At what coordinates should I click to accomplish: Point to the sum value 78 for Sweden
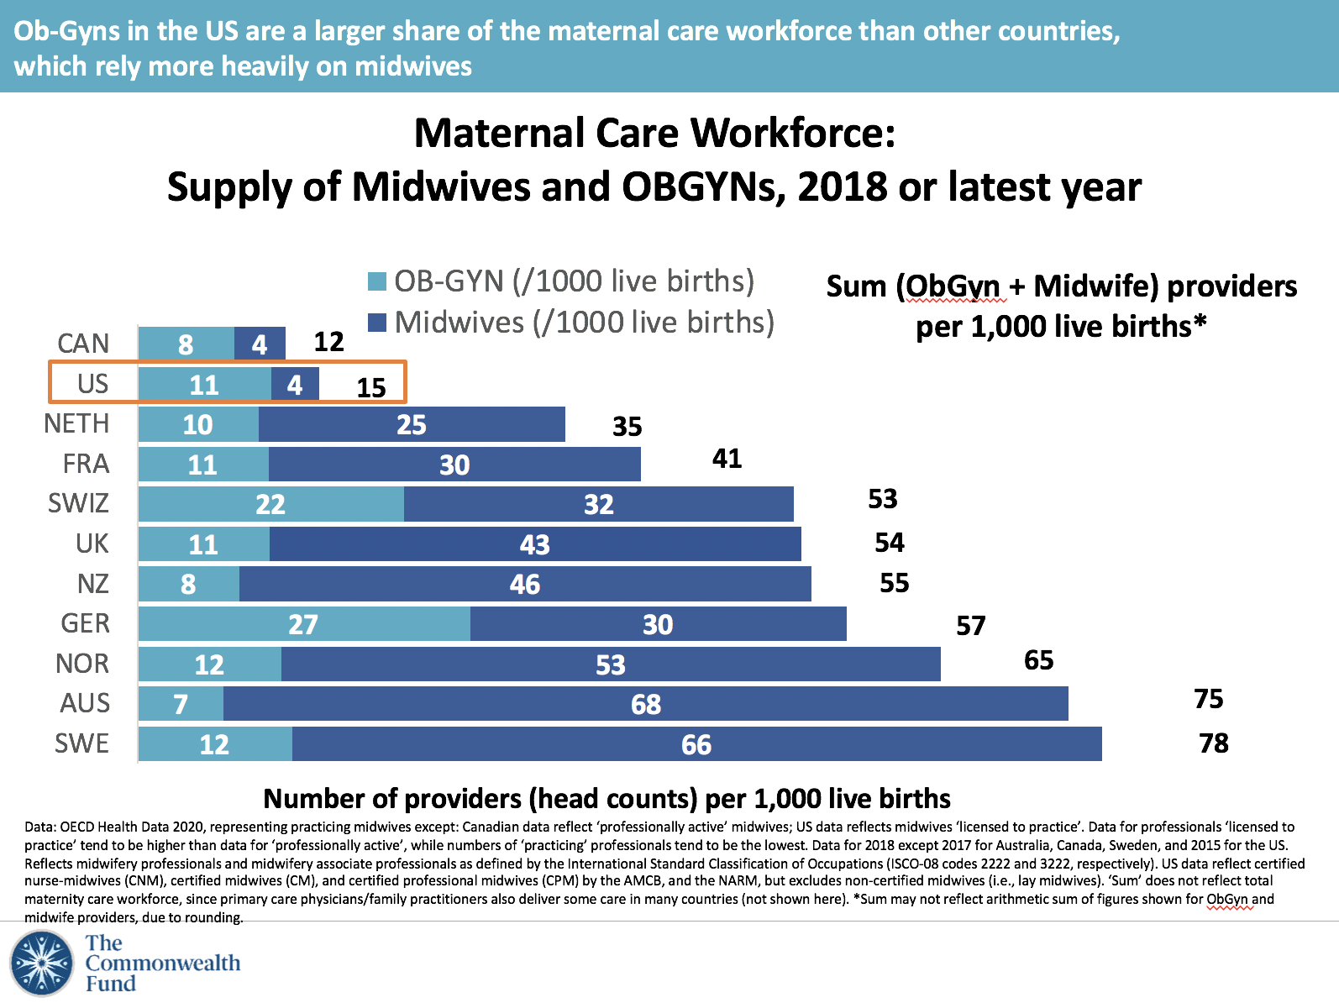tap(1213, 743)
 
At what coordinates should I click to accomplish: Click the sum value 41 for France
tap(727, 459)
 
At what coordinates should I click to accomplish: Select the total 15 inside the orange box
tap(370, 388)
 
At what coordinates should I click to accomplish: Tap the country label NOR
tap(82, 664)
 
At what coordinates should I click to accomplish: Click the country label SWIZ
tap(78, 503)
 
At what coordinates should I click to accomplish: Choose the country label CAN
tap(83, 344)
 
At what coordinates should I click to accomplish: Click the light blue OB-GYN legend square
tap(377, 281)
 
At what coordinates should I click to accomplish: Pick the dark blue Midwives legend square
tap(377, 323)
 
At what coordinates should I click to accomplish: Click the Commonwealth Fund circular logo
tap(42, 963)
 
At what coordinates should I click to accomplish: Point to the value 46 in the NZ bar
tap(524, 584)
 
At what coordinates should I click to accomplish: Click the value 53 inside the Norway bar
tap(610, 664)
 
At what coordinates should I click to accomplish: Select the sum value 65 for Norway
tap(1038, 660)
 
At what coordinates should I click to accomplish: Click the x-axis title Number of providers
tap(606, 798)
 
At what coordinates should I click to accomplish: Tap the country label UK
tap(92, 544)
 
